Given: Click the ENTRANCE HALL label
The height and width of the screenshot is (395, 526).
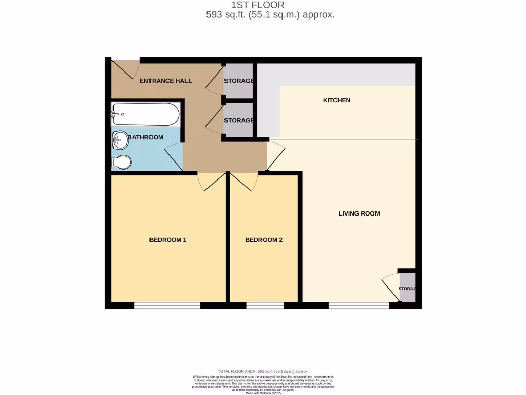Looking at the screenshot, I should tap(166, 81).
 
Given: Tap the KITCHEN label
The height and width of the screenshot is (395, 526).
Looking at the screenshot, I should tap(336, 100).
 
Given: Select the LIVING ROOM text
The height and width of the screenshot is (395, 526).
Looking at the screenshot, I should tap(359, 213).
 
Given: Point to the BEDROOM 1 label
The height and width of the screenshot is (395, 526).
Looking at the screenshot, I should tap(167, 240).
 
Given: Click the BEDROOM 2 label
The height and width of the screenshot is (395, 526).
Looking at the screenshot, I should tap(264, 240).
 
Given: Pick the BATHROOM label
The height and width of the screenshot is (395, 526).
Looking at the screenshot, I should tap(145, 137).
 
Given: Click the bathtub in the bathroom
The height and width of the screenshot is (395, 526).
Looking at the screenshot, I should tap(146, 114).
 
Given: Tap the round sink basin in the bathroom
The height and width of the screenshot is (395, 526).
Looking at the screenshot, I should tap(120, 138).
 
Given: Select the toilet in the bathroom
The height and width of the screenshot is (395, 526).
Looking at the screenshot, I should tap(121, 162).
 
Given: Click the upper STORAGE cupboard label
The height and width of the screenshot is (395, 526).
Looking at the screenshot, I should tap(239, 81).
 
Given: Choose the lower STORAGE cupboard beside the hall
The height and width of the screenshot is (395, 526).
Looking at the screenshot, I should tap(239, 120).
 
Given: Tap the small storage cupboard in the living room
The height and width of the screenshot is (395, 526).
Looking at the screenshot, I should tap(407, 289).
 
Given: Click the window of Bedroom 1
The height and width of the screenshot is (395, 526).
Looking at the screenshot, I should tap(167, 306).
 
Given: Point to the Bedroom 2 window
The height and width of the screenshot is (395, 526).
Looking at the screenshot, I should tap(265, 306).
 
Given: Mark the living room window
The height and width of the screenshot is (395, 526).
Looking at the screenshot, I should tap(359, 306).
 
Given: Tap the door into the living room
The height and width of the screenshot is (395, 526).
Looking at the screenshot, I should tap(275, 155).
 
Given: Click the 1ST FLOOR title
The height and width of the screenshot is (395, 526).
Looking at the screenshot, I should tap(262, 5).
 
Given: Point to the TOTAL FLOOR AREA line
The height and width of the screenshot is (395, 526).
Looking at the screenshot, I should tap(262, 371).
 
